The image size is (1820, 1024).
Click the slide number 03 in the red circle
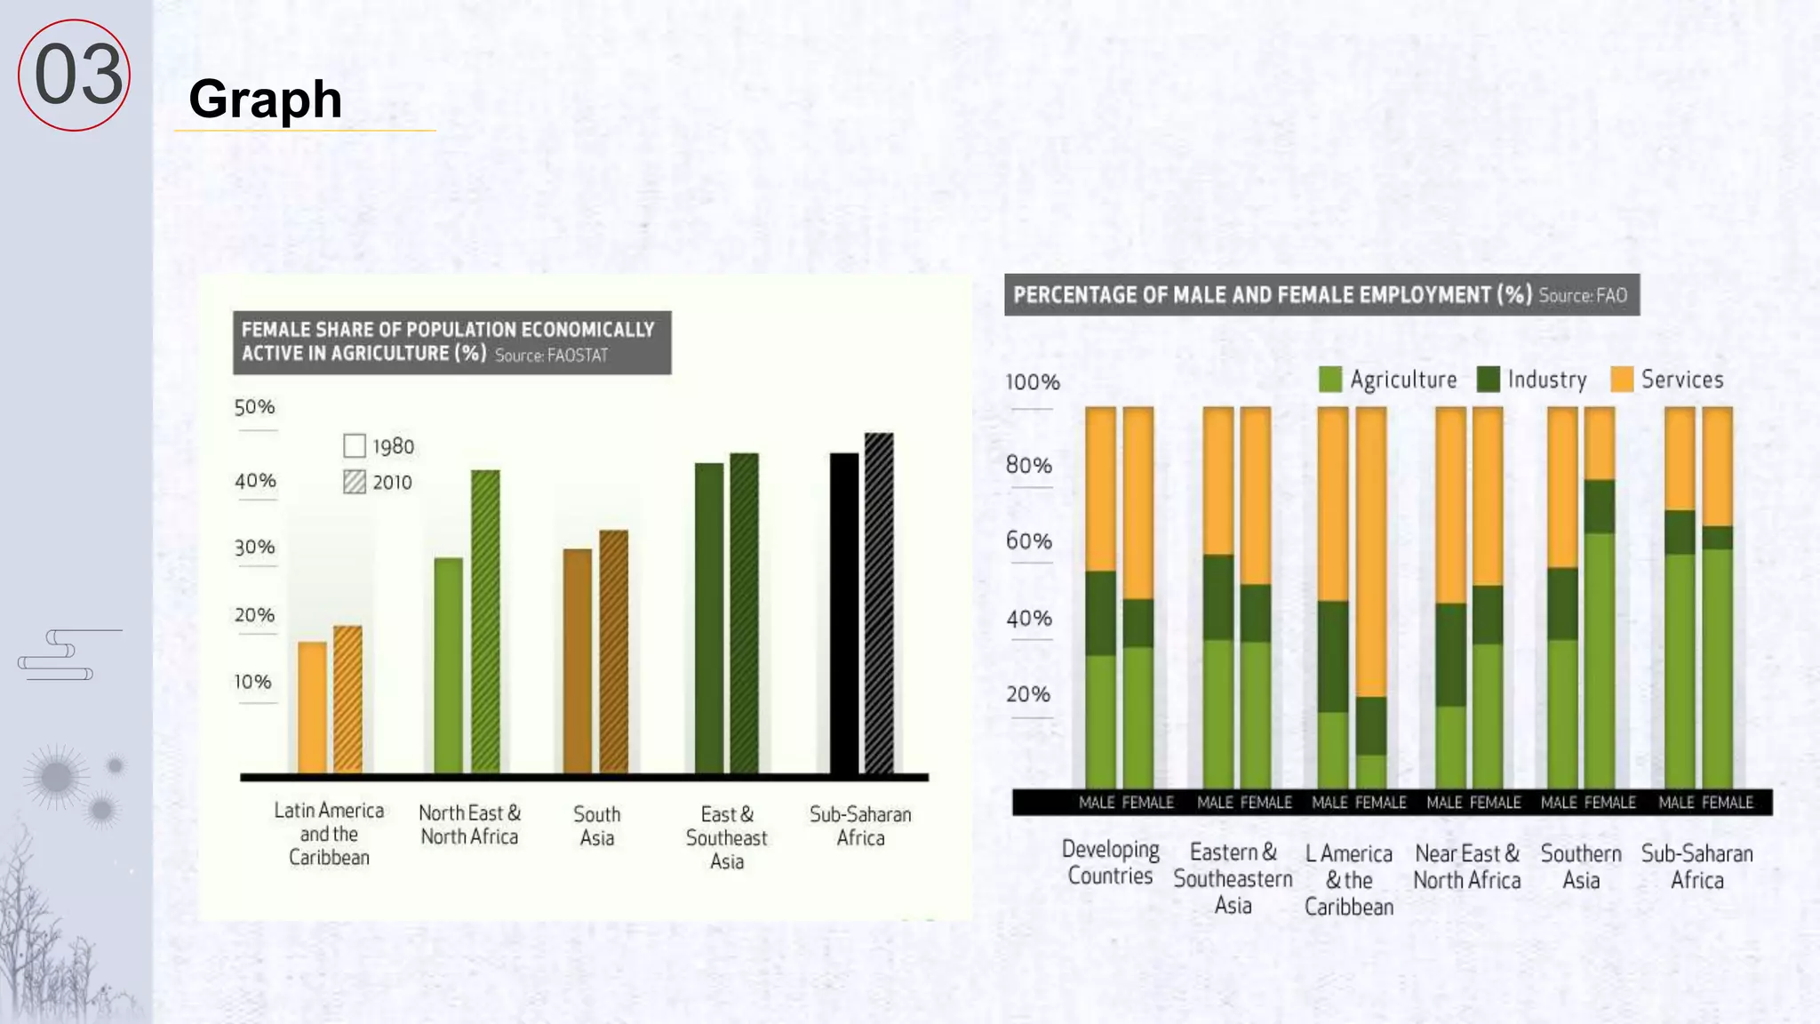coord(77,75)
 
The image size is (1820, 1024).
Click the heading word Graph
coord(265,99)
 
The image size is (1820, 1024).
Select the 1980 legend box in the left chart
coord(355,445)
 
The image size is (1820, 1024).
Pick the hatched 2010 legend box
coord(355,482)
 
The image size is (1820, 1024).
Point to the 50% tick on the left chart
coord(254,407)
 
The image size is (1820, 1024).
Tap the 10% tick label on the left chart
coord(252,682)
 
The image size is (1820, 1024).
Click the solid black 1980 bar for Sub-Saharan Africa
coord(843,613)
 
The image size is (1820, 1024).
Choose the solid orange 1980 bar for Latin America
coord(312,707)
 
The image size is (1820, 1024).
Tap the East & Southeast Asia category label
coord(726,837)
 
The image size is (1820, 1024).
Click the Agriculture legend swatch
coord(1330,380)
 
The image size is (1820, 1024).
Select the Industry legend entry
coord(1532,380)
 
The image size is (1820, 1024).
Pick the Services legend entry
coord(1667,380)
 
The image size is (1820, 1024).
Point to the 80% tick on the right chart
coord(1028,465)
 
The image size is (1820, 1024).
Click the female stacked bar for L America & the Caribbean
coord(1370,596)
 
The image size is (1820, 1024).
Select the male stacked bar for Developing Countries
coord(1100,596)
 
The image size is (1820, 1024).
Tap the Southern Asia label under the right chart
coord(1581,867)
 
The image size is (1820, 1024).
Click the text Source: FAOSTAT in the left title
coord(551,356)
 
